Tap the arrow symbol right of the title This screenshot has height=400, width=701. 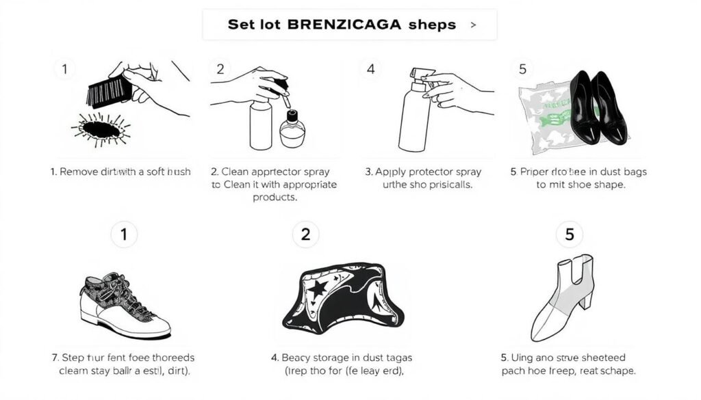click(x=472, y=25)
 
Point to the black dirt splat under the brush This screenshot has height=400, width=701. click(x=100, y=129)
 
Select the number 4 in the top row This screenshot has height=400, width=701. click(x=370, y=68)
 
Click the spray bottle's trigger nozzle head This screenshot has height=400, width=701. click(x=419, y=76)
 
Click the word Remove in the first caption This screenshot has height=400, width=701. click(x=79, y=172)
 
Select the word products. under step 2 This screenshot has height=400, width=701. click(x=275, y=197)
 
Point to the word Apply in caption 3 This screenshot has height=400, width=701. click(x=389, y=172)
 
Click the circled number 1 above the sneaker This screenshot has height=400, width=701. click(x=124, y=235)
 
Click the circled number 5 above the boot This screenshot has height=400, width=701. click(x=569, y=235)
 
